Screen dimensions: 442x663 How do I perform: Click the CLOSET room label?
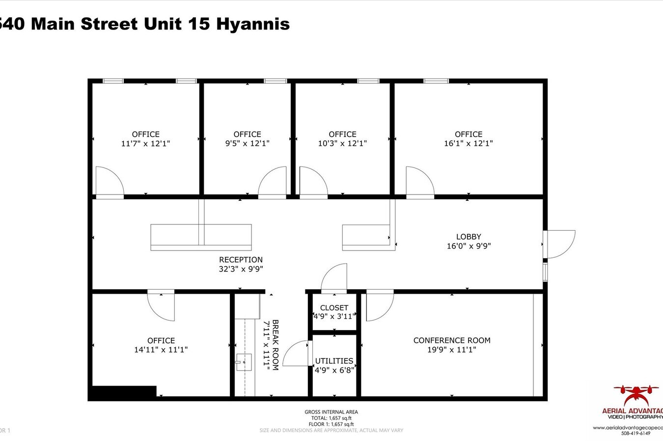[334, 308]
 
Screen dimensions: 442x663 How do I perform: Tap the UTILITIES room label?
[334, 361]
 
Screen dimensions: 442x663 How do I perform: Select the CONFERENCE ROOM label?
[452, 340]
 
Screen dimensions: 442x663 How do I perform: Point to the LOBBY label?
[469, 237]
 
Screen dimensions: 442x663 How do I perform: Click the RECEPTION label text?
[241, 260]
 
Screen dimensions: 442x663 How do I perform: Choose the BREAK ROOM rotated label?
[275, 345]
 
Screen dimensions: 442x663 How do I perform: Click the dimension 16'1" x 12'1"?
[469, 143]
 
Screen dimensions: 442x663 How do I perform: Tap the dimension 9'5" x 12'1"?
[247, 143]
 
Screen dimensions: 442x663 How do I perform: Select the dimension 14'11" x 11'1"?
[161, 350]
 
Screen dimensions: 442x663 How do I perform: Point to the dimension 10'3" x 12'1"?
[342, 143]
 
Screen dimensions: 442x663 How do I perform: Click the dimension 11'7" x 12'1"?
[145, 143]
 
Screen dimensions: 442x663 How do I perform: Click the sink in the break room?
[244, 362]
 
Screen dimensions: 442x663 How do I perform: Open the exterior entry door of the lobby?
[560, 244]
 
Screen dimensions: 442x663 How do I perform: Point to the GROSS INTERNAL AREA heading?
[331, 412]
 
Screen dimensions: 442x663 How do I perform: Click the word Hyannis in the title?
[253, 24]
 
